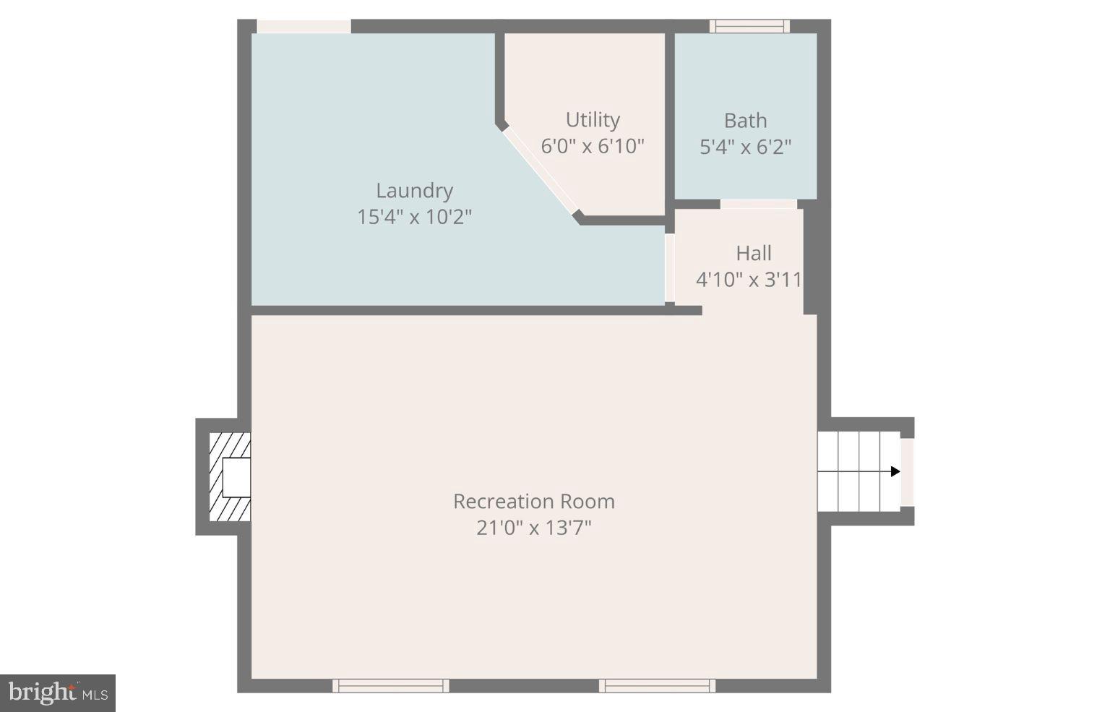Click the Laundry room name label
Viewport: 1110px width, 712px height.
coord(414,191)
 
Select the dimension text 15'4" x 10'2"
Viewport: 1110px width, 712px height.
coord(414,217)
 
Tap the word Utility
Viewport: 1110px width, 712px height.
coord(593,120)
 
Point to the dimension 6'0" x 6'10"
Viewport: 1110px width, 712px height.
coord(593,146)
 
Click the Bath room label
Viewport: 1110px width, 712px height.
coord(745,121)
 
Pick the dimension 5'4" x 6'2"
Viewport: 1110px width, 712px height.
coord(745,147)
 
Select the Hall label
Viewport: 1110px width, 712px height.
coord(753,254)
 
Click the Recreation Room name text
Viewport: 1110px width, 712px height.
coord(534,502)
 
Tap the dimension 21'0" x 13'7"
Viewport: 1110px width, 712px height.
coord(534,528)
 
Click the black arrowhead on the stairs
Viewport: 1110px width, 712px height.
coord(895,472)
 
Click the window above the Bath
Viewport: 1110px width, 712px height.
coord(749,27)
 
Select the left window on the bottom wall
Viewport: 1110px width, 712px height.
coord(391,685)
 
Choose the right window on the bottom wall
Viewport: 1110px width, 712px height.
coord(657,685)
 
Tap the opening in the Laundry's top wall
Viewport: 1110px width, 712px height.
coord(304,27)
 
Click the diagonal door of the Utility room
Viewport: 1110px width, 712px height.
coord(539,171)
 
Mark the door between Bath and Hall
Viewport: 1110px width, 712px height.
coord(758,205)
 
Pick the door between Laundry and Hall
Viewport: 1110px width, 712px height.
coord(669,267)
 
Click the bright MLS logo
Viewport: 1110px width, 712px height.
coord(58,693)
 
